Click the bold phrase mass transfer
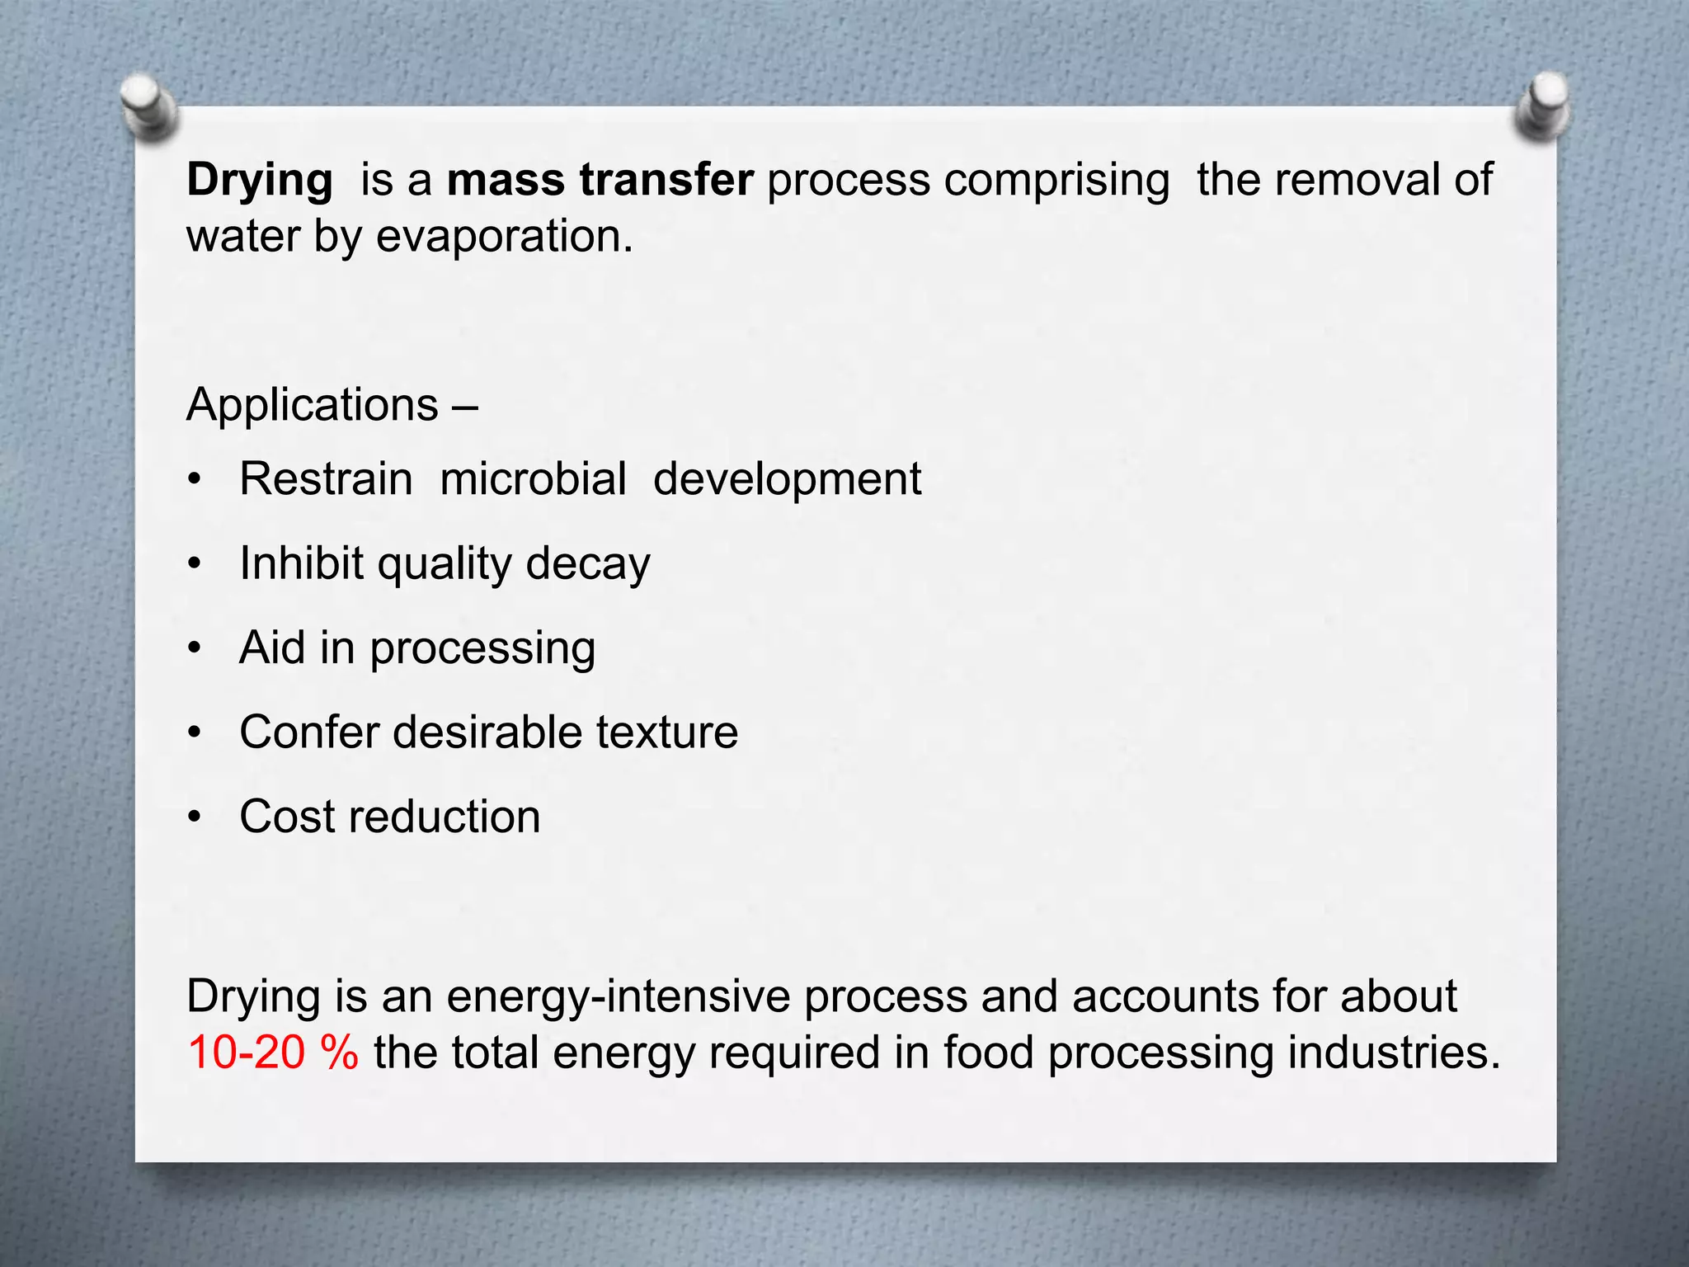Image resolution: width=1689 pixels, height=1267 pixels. [600, 180]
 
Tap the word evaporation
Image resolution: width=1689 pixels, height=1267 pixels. [504, 237]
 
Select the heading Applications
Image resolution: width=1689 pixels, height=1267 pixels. [313, 405]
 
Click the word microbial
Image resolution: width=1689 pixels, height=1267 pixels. [533, 479]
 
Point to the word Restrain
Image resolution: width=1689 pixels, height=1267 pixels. [326, 479]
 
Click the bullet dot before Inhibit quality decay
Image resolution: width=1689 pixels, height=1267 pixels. [195, 565]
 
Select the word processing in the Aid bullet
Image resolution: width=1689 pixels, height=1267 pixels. [482, 649]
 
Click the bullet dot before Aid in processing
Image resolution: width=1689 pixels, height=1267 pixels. [195, 649]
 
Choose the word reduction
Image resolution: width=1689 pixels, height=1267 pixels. [445, 817]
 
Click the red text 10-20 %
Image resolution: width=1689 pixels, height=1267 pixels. [273, 1053]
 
